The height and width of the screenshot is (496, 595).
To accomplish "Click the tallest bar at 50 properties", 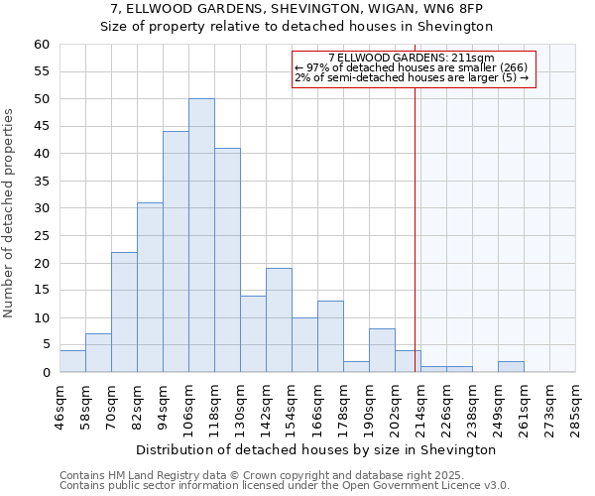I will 201,235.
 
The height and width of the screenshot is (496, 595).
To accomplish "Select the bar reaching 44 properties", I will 176,252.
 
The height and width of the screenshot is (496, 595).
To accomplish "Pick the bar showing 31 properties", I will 150,288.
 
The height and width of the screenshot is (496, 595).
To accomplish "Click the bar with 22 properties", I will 124,312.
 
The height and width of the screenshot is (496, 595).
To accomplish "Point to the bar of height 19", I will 279,320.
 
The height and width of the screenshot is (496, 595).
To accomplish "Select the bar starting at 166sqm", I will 330,337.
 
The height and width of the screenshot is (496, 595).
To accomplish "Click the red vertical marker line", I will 415,228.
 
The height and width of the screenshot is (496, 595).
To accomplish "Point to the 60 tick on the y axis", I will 42,45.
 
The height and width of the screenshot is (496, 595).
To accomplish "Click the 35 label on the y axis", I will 42,182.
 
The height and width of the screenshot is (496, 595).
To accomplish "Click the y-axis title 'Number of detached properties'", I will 10,213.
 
